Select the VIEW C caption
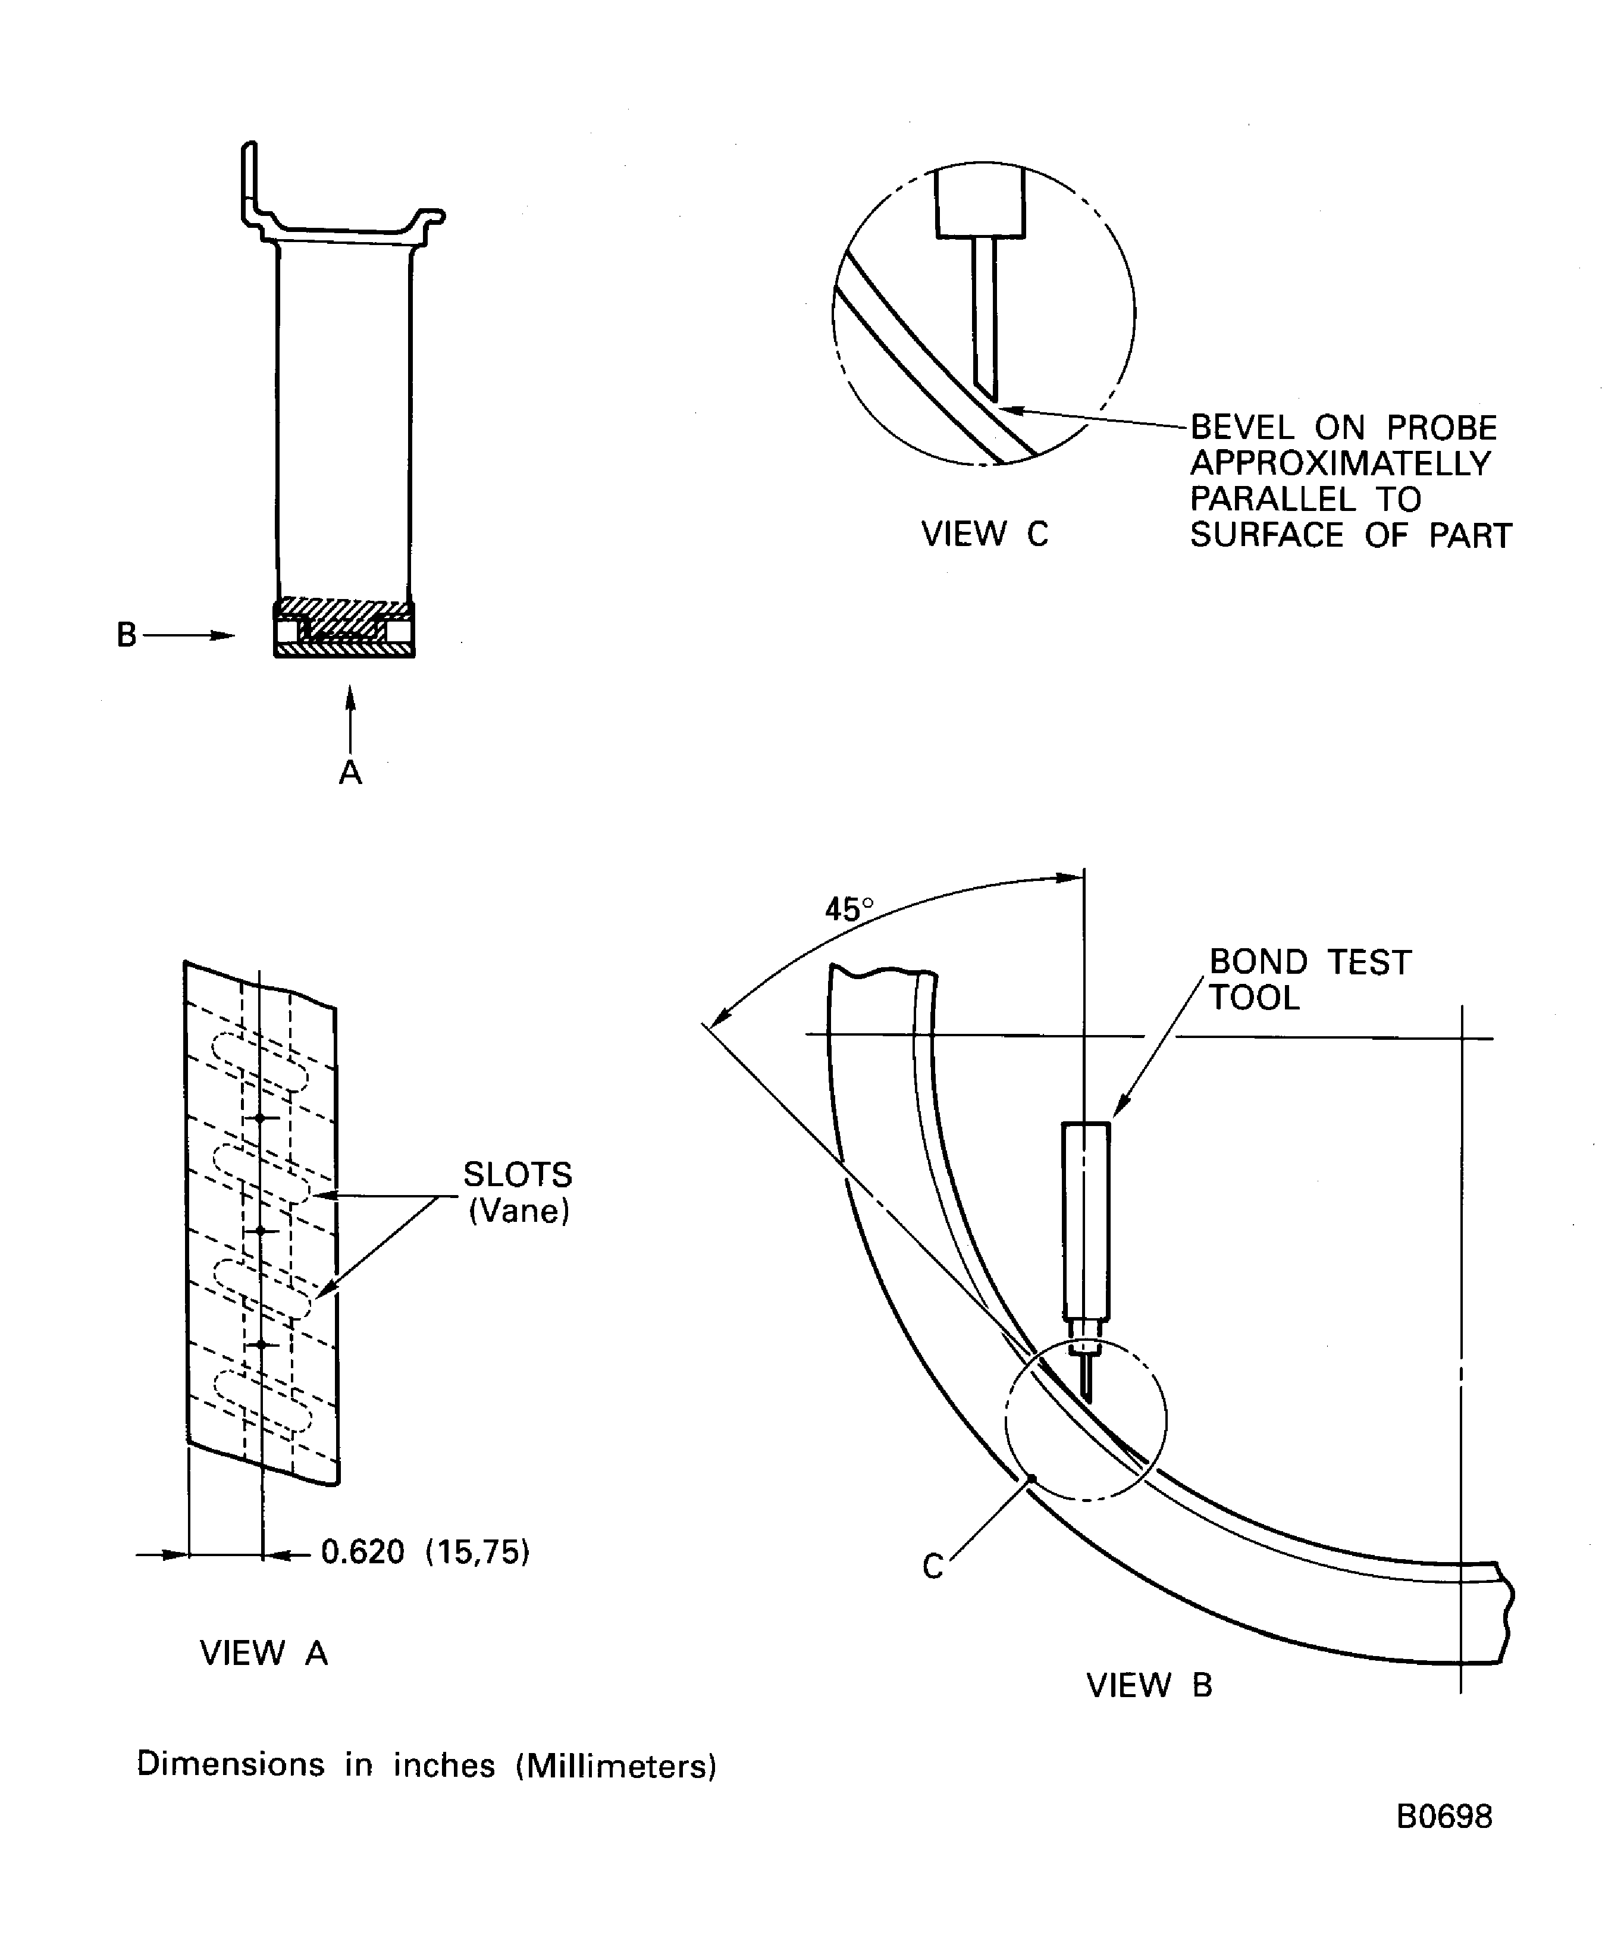[985, 534]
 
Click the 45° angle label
[848, 911]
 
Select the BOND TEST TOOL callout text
[1309, 980]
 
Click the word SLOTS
[518, 1175]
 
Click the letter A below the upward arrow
[350, 772]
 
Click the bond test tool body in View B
[1086, 1220]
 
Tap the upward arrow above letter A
[350, 716]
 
